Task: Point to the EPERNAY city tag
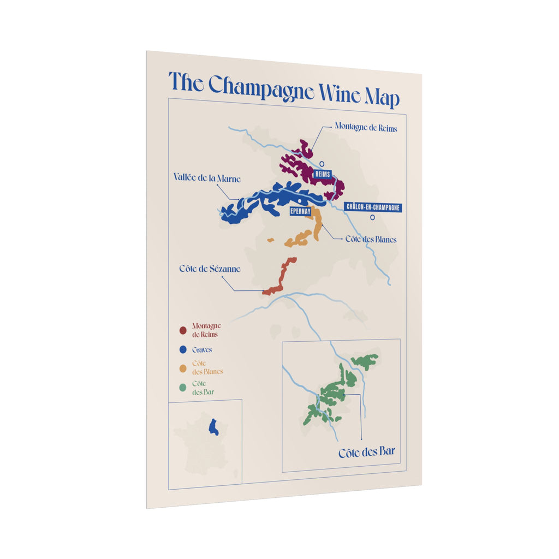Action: click(300, 211)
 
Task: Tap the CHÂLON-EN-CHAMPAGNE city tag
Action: click(373, 207)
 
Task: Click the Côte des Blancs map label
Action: click(371, 239)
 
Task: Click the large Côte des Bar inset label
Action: click(366, 453)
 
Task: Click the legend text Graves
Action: click(202, 350)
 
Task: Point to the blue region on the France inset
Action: click(214, 427)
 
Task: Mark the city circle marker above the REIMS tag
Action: click(322, 163)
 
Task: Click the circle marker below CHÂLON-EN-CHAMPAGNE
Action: click(373, 217)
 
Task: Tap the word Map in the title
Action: click(380, 97)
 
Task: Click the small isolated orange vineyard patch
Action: click(270, 240)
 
